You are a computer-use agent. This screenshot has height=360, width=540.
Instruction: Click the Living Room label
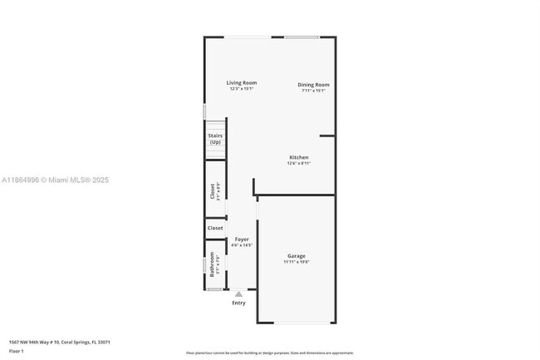[242, 83]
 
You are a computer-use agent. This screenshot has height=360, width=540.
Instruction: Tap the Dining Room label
[315, 85]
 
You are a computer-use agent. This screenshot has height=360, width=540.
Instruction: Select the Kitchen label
[299, 157]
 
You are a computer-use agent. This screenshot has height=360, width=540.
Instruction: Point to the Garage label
[297, 255]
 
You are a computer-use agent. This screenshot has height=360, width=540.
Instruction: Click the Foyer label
[242, 239]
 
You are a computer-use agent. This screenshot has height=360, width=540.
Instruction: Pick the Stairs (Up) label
[215, 138]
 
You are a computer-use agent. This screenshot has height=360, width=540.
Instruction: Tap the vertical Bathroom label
[212, 264]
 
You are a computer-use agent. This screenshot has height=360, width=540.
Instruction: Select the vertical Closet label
[212, 191]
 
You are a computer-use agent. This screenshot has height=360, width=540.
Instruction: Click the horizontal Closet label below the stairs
[215, 228]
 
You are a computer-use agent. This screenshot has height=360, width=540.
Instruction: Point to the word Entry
[239, 303]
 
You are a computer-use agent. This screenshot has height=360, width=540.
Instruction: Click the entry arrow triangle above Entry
[239, 293]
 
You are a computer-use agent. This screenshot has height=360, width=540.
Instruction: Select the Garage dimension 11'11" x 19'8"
[297, 262]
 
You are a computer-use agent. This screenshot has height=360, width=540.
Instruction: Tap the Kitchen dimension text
[299, 164]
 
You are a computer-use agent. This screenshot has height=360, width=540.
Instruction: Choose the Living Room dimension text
[242, 90]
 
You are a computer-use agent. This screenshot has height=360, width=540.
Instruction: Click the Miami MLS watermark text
[55, 180]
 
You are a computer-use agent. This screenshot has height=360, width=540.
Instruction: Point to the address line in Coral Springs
[60, 342]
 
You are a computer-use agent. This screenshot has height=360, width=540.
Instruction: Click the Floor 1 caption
[16, 352]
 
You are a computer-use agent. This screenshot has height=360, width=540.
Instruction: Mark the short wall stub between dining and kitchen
[328, 136]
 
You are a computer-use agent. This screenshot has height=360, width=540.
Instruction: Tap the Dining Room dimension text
[314, 91]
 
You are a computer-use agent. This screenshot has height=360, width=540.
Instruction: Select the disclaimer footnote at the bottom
[270, 353]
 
